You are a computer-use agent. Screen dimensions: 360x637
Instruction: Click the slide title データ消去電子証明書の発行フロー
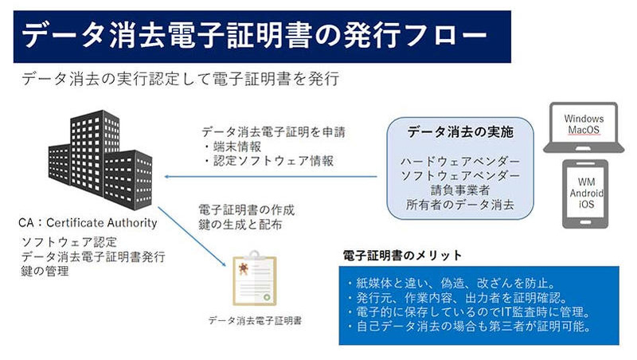pyautogui.click(x=252, y=36)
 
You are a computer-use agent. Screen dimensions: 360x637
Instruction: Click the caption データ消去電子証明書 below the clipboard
pyautogui.click(x=255, y=321)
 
